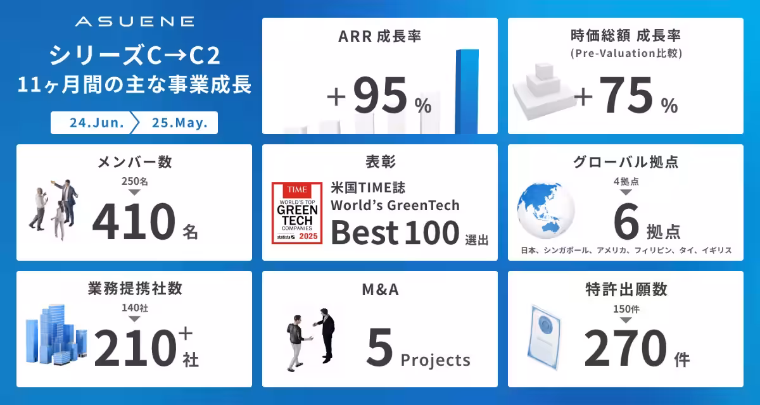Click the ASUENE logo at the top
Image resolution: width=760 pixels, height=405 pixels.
coord(134,22)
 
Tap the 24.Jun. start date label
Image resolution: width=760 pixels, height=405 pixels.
coord(97,123)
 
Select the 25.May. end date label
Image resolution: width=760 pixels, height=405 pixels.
coord(180,123)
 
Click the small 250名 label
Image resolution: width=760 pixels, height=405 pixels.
coord(134,182)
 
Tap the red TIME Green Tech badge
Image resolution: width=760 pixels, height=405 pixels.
coord(297,213)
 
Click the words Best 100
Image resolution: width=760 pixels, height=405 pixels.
coord(394,233)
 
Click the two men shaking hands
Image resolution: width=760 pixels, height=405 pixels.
coord(310,339)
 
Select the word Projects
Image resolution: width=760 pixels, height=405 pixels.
coord(436,360)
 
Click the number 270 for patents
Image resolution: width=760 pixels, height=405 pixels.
coord(625,350)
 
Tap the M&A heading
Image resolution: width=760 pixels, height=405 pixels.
coord(379,290)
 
